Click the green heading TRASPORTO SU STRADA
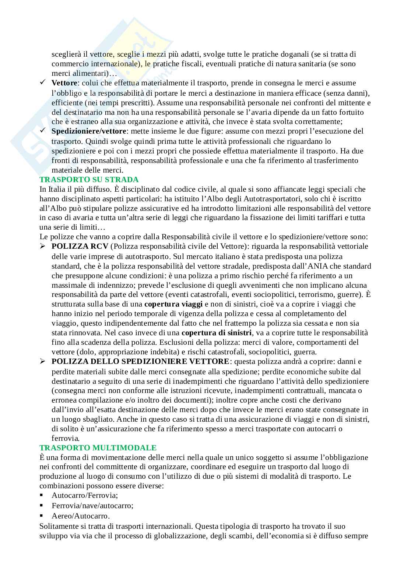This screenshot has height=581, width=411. pyautogui.click(x=89, y=180)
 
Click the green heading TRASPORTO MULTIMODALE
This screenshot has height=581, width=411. pyautogui.click(x=98, y=448)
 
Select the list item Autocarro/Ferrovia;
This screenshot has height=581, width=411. pyautogui.click(x=85, y=496)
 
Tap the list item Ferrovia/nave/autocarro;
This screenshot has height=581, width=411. pyautogui.click(x=92, y=506)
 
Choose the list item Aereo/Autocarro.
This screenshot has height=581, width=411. pyautogui.click(x=81, y=516)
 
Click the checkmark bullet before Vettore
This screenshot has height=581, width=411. pyautogui.click(x=43, y=82)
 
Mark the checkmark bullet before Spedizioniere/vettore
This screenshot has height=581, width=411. pyautogui.click(x=43, y=131)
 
